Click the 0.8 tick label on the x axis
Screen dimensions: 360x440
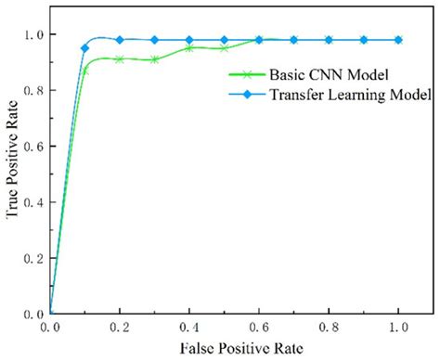(x=329, y=328)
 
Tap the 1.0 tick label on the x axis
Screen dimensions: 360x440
(x=398, y=328)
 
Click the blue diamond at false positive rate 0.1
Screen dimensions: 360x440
(x=85, y=47)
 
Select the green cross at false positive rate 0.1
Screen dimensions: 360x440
(x=85, y=70)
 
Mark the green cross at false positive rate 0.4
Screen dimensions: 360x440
(x=189, y=48)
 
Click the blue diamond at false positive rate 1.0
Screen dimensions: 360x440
(x=398, y=40)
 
